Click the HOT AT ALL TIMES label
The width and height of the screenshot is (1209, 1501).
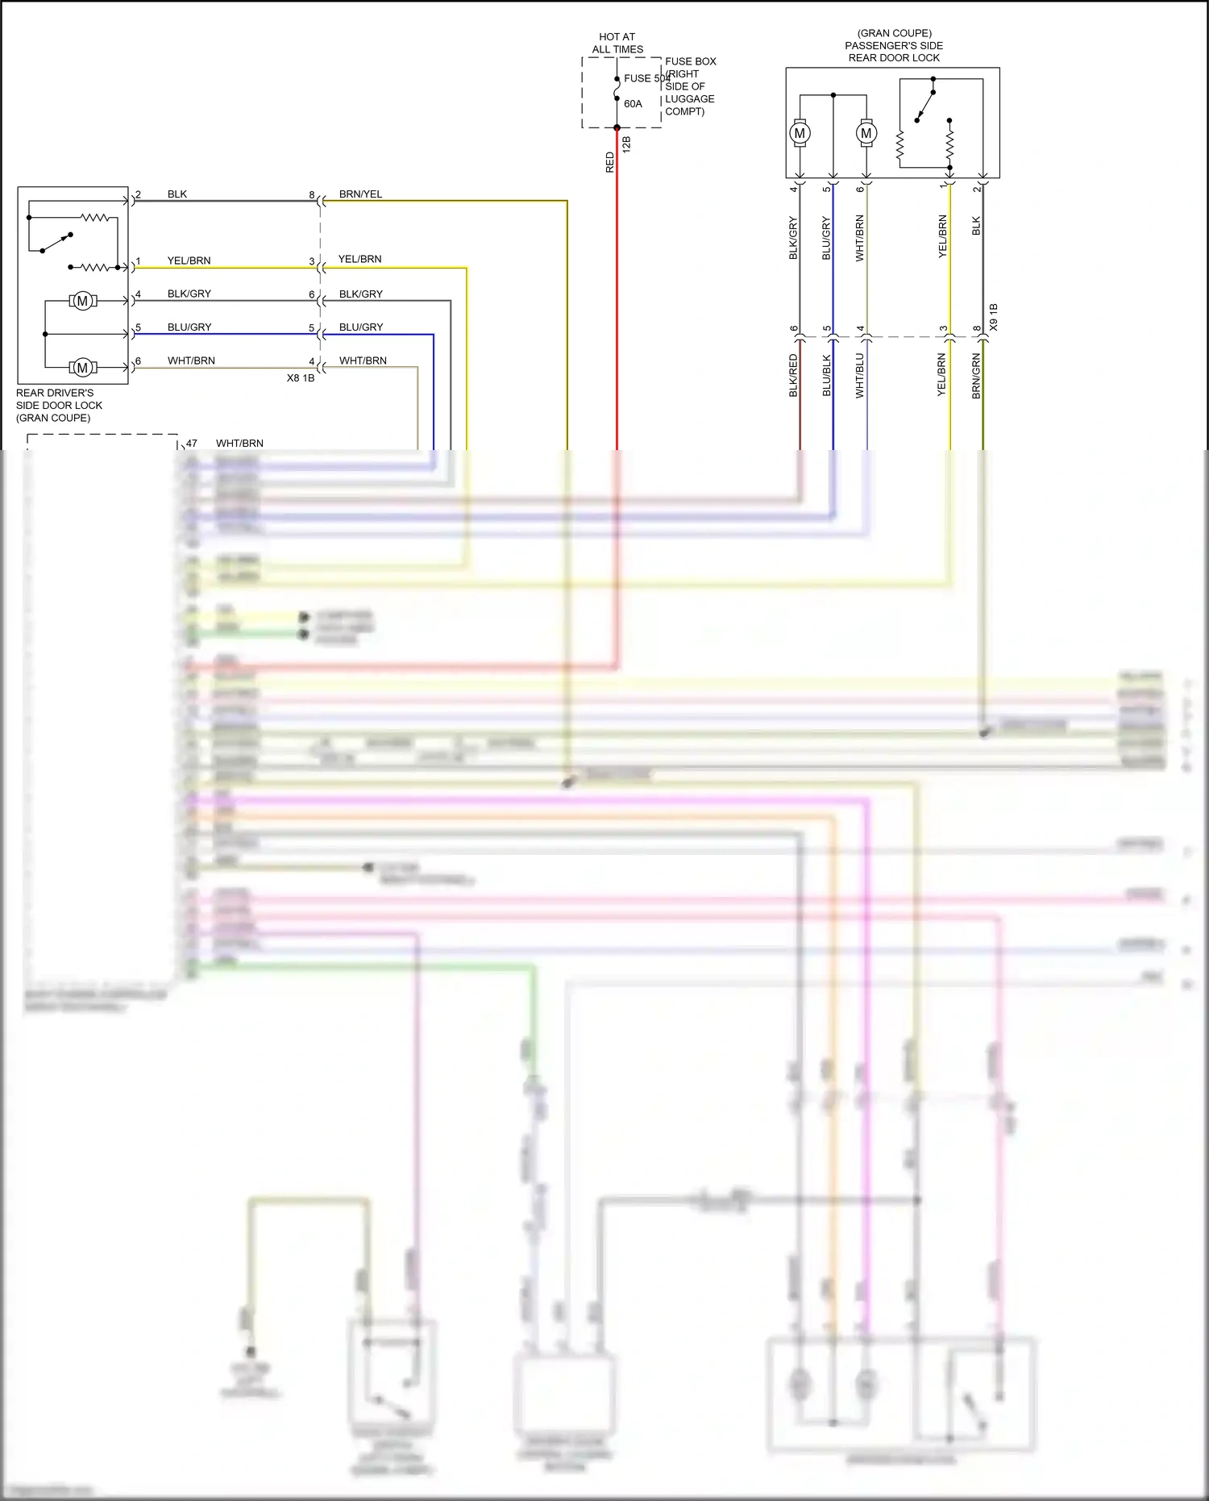point(617,43)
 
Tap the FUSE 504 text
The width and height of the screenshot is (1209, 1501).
point(646,78)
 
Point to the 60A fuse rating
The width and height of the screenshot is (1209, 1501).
point(633,104)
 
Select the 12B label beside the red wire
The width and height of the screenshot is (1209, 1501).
point(626,145)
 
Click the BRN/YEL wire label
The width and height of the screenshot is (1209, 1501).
point(360,194)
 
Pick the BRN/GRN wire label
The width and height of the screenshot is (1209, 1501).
point(976,376)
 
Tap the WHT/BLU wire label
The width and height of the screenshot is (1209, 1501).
point(859,376)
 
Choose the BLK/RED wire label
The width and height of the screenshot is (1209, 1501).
point(793,376)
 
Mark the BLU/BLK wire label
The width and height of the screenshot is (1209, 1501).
point(826,376)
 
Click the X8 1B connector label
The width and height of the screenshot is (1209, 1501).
point(301,378)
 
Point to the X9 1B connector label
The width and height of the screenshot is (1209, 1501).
point(993,317)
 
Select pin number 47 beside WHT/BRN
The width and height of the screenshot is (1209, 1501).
point(192,444)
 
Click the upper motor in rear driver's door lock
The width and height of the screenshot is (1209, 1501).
point(82,301)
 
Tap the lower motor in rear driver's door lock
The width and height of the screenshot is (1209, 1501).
point(82,368)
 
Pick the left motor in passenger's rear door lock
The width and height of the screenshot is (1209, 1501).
point(800,133)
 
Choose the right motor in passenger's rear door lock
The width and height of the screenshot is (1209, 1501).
point(866,133)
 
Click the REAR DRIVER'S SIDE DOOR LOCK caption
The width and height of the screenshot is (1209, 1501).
point(59,406)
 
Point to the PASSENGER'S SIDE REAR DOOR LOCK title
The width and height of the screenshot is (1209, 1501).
point(894,46)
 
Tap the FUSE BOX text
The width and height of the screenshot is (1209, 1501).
point(690,61)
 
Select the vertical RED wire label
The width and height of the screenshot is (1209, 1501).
point(610,162)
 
